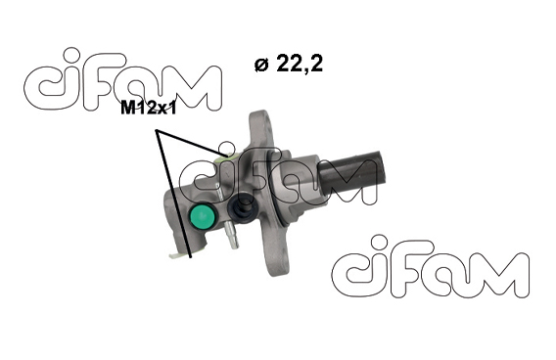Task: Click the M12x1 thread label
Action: coord(148,108)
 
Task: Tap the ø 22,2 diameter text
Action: coord(289,64)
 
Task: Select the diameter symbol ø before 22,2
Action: coord(261,65)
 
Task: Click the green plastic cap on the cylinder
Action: coord(202,216)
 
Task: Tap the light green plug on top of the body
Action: coord(226,157)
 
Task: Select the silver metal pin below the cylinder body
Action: coord(232,236)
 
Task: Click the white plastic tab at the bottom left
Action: coord(177,254)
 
